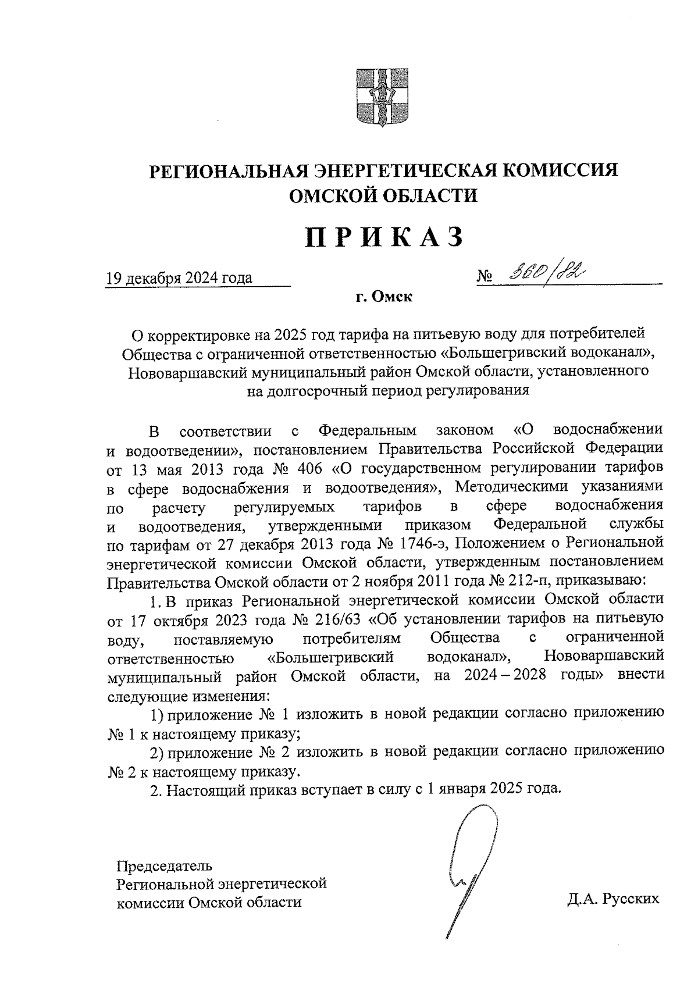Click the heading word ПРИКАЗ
384,238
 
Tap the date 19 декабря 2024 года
179,277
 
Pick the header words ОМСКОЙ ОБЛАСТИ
384,195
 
